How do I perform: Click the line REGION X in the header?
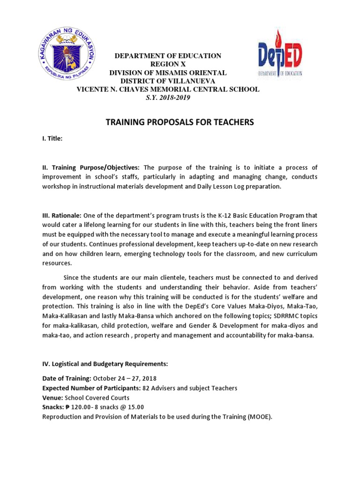click(168, 64)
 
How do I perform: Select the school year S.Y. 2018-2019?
click(168, 97)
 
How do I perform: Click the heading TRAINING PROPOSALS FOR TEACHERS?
click(180, 122)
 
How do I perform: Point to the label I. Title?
click(52, 139)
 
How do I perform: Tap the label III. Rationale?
click(62, 216)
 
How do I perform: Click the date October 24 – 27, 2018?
click(125, 378)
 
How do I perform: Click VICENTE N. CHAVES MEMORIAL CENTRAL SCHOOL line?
click(168, 89)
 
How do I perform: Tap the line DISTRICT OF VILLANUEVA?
click(168, 81)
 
